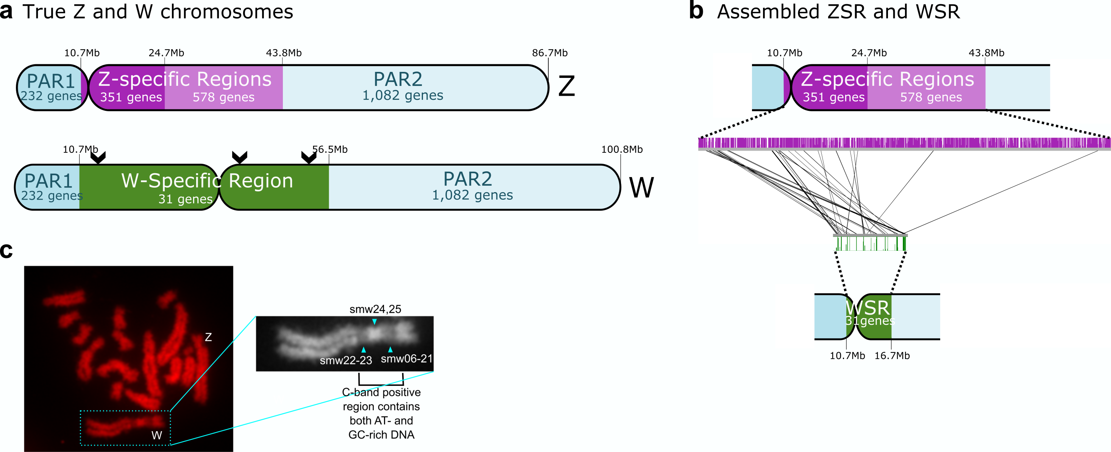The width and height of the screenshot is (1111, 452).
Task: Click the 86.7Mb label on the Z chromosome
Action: pos(549,53)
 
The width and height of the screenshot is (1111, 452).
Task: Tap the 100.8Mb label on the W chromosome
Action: pos(621,149)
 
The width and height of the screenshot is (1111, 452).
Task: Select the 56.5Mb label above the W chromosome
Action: pos(330,149)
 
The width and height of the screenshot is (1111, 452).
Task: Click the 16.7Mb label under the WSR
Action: pos(892,356)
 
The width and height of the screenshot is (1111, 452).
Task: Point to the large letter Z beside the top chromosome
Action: pos(566,86)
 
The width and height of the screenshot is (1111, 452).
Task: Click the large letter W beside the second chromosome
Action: pos(641,188)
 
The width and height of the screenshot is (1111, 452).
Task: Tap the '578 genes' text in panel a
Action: pos(223,97)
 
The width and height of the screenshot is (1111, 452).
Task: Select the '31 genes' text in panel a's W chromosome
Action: pos(186,199)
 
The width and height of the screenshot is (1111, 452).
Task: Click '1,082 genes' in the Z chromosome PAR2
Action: pos(403,95)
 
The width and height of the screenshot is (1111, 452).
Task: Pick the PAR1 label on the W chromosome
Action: pos(48,181)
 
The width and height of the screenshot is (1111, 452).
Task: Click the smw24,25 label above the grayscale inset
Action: pos(375,309)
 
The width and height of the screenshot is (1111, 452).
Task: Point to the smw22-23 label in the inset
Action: pos(346,360)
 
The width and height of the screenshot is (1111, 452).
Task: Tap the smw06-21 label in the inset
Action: pos(406,359)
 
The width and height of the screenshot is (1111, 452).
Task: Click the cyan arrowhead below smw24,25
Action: pos(374,322)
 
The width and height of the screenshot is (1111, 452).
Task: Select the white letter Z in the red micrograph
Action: pos(208,337)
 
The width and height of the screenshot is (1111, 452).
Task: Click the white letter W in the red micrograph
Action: pos(156,435)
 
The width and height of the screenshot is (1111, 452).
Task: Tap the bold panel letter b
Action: pos(696,11)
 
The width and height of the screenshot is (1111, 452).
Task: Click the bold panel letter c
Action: pos(6,250)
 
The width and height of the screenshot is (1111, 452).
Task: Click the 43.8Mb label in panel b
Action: pos(986,53)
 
